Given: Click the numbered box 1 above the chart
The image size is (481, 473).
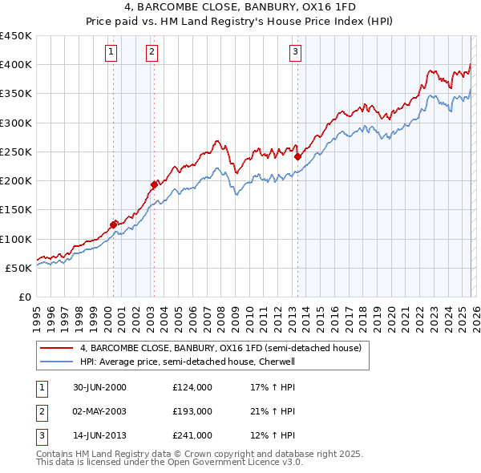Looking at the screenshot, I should click(110, 53).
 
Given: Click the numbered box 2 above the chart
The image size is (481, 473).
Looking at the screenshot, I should click(152, 53).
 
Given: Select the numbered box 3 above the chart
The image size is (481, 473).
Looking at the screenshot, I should click(295, 53).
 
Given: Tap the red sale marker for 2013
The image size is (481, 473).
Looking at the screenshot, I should click(297, 157).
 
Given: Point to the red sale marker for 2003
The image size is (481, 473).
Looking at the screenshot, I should click(154, 184).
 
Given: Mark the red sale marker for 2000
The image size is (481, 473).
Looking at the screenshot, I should click(114, 224).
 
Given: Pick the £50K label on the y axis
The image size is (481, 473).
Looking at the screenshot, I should click(19, 268).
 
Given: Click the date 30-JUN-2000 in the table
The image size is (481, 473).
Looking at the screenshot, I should click(99, 387).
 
